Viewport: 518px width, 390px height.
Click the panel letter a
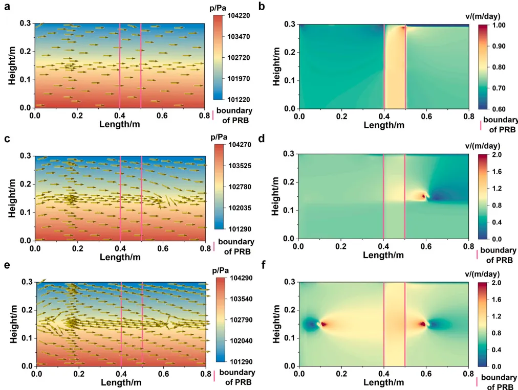click(7, 7)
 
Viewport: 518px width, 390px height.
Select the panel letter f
click(263, 265)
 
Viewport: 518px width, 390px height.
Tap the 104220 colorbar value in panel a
click(239, 15)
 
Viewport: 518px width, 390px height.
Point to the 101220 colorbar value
click(239, 100)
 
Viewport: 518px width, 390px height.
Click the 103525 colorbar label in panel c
click(240, 166)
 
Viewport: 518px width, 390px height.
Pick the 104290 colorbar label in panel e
click(241, 278)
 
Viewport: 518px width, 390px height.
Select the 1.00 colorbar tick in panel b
click(499, 26)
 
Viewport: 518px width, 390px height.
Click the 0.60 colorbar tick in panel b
click(499, 109)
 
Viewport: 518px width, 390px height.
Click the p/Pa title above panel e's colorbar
click(220, 270)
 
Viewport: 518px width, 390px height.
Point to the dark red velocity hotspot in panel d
click(423, 196)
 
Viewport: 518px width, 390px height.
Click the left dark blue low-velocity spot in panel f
click(311, 325)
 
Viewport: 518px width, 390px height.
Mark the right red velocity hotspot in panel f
click(422, 324)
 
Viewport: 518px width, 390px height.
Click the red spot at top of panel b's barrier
click(403, 28)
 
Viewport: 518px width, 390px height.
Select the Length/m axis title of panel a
click(120, 124)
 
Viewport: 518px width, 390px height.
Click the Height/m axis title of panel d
click(276, 197)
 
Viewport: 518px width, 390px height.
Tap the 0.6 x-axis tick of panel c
click(163, 248)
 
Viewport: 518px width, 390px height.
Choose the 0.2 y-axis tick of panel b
click(290, 53)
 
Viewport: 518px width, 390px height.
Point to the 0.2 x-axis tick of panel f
click(341, 374)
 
